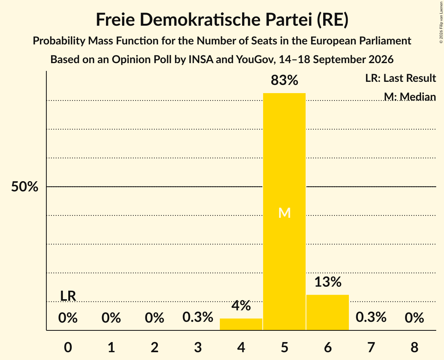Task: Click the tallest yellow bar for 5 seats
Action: tap(284, 212)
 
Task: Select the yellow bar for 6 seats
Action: tap(327, 312)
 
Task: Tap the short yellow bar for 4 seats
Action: tap(241, 324)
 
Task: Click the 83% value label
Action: tap(284, 80)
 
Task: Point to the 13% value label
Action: tap(328, 282)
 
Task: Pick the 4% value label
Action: tap(241, 306)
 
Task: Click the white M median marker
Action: tap(284, 213)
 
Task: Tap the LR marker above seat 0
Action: tap(68, 296)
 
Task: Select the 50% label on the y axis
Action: tap(25, 187)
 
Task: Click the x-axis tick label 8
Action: tap(414, 347)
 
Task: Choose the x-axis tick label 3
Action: tap(198, 347)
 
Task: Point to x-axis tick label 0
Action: tap(68, 347)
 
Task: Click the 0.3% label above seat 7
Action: tap(371, 317)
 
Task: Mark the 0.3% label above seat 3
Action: tap(198, 317)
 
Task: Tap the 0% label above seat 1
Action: tap(111, 318)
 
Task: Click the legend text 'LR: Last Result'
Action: tap(400, 78)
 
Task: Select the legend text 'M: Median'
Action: tap(410, 97)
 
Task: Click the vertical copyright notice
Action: tap(441, 22)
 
